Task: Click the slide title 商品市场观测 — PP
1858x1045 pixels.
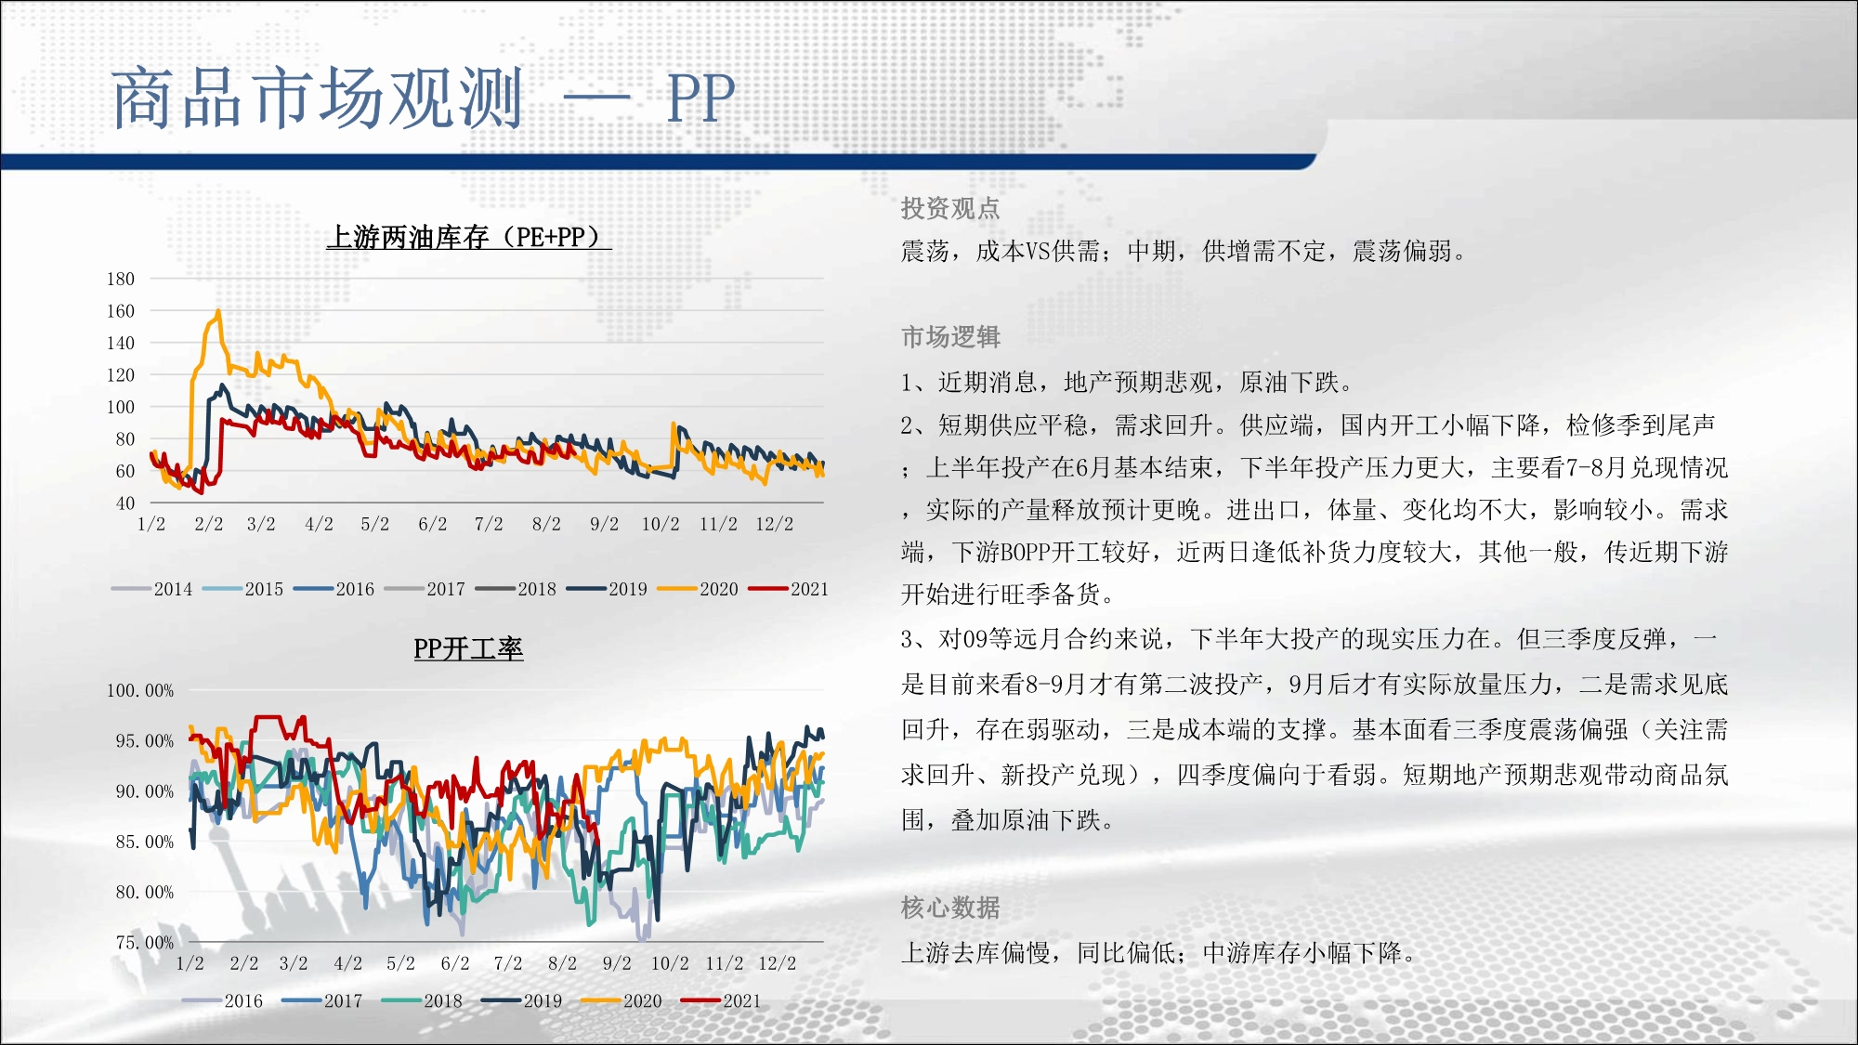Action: pos(424,98)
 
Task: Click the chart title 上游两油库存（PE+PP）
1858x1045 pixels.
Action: pos(468,237)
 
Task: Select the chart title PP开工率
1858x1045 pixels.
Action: pos(468,648)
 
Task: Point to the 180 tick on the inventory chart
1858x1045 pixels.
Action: pos(121,279)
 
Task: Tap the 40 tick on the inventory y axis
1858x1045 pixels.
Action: pos(125,503)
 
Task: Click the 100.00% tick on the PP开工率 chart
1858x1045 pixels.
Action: pos(140,690)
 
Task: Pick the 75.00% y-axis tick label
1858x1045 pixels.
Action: pos(145,942)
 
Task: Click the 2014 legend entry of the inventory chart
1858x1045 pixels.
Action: pos(152,589)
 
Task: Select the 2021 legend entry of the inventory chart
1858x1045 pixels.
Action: pos(789,589)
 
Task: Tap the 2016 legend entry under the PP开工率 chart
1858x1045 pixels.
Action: pos(223,1001)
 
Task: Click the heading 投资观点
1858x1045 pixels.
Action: pos(950,208)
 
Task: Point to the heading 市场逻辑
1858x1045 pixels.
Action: pos(950,336)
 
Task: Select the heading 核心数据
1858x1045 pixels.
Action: pos(950,907)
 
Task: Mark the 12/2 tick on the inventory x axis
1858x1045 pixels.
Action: pos(775,524)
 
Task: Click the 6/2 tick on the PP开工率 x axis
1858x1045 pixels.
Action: pos(455,963)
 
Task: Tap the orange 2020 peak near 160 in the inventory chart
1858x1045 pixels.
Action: pos(218,311)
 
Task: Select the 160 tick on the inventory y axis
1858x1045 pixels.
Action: pos(121,311)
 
